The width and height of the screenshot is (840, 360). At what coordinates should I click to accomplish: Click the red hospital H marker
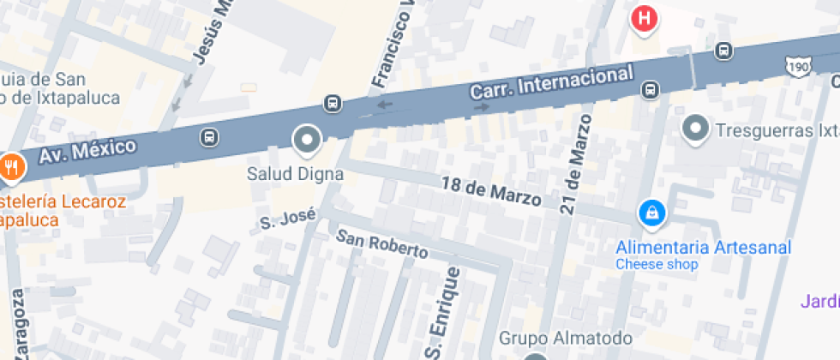tap(645, 18)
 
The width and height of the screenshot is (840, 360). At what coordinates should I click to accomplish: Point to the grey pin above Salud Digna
tap(306, 139)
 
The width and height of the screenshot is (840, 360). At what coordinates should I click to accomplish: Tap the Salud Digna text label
tap(295, 174)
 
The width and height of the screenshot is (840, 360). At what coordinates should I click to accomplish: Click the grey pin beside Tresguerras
tap(695, 129)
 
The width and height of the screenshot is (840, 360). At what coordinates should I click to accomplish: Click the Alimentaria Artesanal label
tap(703, 247)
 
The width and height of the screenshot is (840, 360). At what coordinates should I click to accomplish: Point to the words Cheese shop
tap(657, 264)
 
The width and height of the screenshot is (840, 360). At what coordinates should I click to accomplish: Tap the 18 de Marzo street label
tap(491, 191)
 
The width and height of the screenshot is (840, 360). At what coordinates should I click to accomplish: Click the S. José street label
tap(288, 219)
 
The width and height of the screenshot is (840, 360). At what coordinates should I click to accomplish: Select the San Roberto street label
tap(381, 243)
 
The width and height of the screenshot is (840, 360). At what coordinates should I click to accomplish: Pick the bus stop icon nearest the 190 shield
tap(724, 51)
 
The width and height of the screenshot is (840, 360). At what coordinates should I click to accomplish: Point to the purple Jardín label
tap(819, 301)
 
